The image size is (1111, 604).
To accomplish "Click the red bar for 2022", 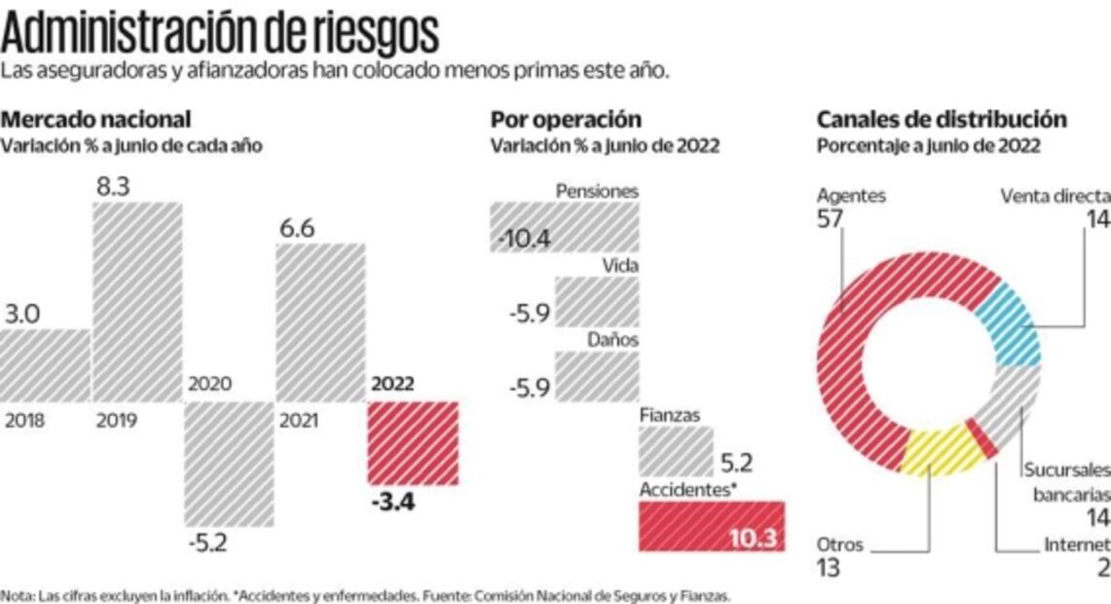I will click(412, 443).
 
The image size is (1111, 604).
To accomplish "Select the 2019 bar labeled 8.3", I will click(136, 302).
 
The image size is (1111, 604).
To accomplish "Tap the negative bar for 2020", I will click(229, 464).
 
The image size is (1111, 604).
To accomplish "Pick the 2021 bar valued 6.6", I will click(320, 322).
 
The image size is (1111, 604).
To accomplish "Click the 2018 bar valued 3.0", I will click(45, 365).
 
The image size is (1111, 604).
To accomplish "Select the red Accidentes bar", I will click(711, 526).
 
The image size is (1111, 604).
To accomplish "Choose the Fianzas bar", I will click(676, 453).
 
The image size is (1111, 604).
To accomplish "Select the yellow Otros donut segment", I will click(940, 451).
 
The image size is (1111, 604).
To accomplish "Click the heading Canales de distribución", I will click(942, 120).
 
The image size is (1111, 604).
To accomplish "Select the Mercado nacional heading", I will click(95, 120).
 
